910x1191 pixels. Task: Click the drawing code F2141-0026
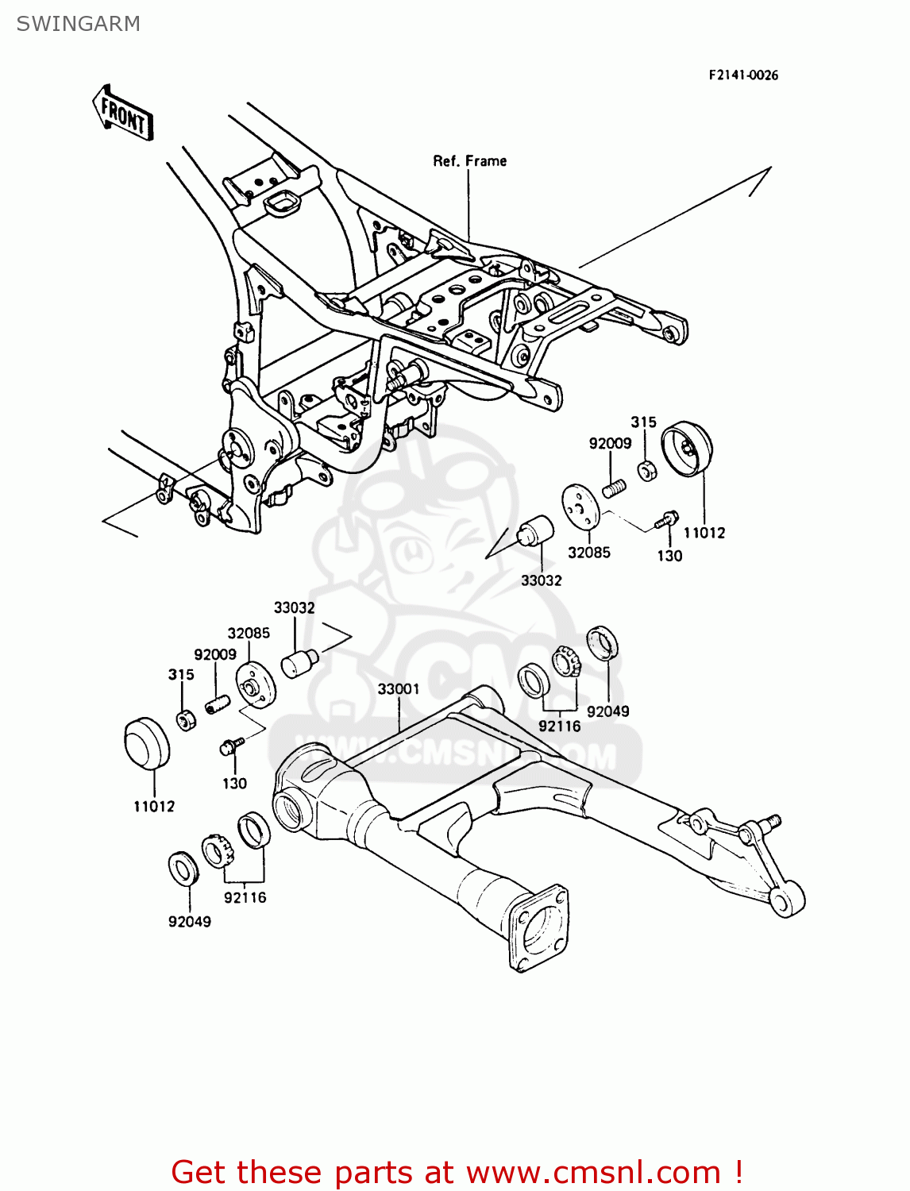743,75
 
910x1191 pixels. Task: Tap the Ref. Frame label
469,161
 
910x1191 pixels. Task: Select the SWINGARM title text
78,24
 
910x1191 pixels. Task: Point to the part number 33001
398,689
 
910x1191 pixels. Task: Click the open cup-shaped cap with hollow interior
688,449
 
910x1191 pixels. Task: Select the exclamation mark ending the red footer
738,1172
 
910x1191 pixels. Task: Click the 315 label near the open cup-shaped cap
643,422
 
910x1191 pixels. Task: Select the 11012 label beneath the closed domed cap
154,807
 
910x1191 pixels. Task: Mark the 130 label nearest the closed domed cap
234,784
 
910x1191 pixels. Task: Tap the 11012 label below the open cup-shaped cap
704,533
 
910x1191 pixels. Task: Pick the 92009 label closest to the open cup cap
610,444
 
